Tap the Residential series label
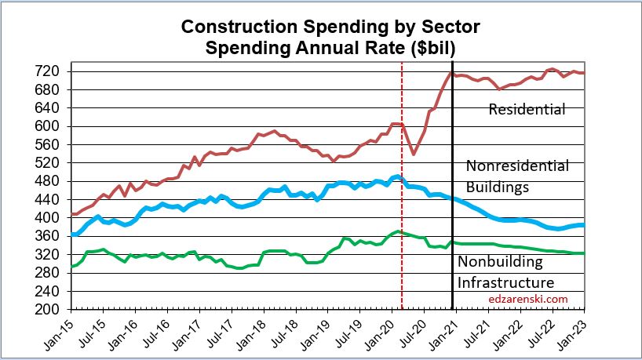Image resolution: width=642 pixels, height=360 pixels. coord(527,110)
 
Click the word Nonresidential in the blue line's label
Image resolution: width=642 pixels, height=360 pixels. coord(517,166)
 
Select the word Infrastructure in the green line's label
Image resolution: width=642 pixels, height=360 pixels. coord(505,282)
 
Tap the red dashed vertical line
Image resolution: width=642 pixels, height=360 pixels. coord(402,235)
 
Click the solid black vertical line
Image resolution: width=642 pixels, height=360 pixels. coord(452,235)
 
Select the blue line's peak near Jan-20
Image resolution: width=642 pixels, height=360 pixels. coord(397,176)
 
